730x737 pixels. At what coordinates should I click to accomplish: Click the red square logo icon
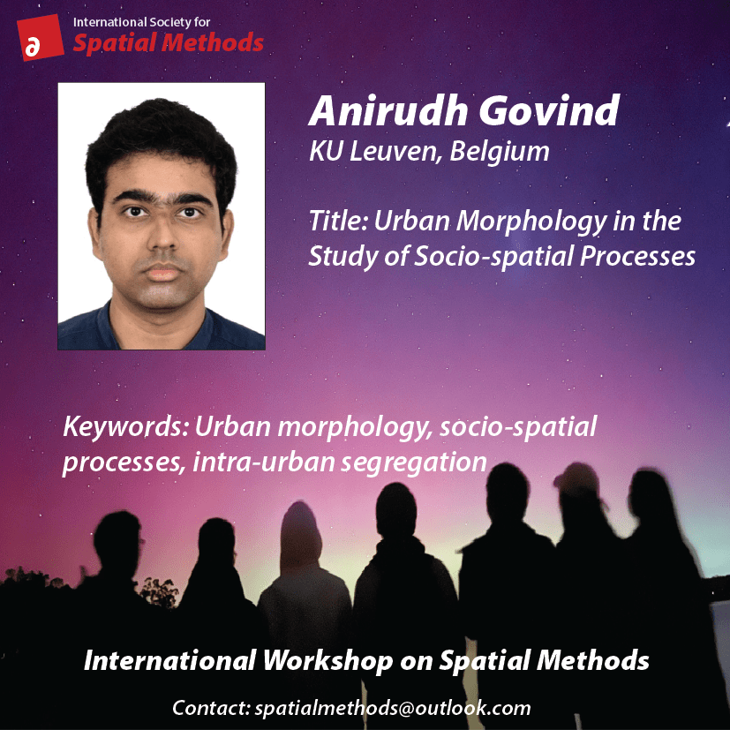[40, 38]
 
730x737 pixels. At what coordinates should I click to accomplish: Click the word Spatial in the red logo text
[115, 43]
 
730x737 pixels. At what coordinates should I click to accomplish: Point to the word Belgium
[500, 151]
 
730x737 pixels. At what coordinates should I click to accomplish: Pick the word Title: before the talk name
[337, 221]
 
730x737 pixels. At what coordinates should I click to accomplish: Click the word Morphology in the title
[531, 222]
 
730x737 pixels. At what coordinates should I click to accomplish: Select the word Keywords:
[125, 427]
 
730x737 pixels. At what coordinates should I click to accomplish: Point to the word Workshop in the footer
[327, 660]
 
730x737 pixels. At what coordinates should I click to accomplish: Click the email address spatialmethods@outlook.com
[393, 707]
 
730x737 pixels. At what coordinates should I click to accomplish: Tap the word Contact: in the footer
[211, 708]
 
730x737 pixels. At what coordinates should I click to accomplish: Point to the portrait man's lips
[162, 273]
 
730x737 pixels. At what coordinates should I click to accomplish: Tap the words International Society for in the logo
[141, 22]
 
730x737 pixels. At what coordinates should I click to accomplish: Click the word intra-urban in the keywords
[264, 462]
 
